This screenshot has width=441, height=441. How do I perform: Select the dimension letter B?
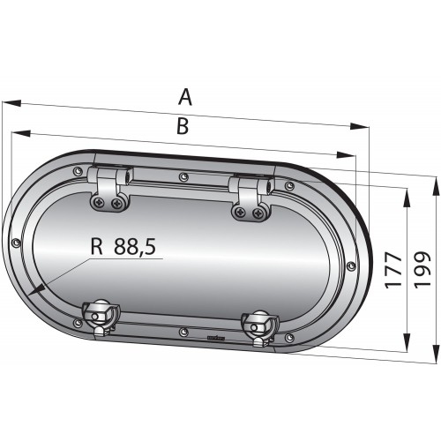[x=182, y=126]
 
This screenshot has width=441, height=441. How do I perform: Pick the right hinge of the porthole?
[x=249, y=196]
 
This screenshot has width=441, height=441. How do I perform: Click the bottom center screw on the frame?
[x=182, y=332]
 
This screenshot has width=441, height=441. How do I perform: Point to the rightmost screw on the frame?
[x=351, y=265]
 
